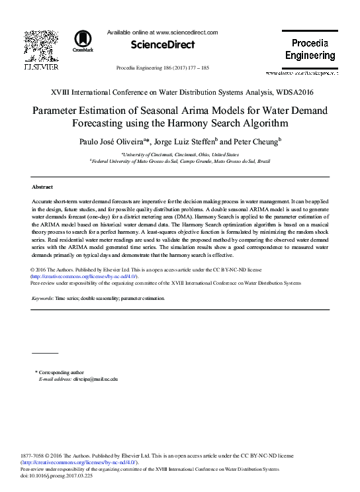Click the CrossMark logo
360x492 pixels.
[x=83, y=40]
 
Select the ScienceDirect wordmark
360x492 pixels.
[x=163, y=44]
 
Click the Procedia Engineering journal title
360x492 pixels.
[x=310, y=50]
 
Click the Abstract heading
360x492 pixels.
[x=42, y=187]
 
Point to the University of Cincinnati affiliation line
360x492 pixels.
[x=180, y=154]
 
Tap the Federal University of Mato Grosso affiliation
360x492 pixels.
[x=180, y=161]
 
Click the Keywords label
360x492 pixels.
[x=42, y=299]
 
